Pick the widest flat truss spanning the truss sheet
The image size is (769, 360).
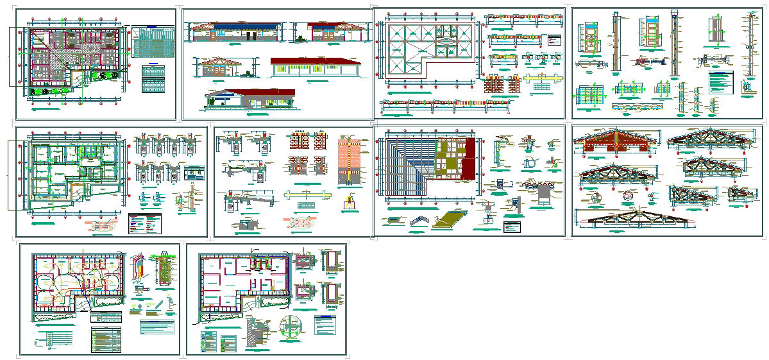pos(636,219)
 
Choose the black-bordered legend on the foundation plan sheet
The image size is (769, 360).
pos(145,223)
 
